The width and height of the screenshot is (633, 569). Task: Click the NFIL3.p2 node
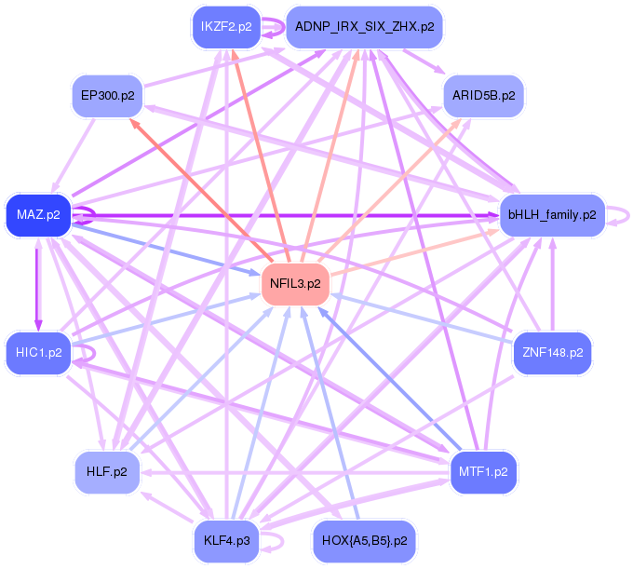click(296, 283)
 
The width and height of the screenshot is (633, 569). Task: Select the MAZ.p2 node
click(38, 215)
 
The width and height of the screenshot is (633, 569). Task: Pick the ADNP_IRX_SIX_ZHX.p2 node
click(364, 27)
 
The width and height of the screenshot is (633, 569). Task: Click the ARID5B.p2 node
click(483, 96)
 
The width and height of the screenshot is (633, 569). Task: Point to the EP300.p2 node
click(107, 96)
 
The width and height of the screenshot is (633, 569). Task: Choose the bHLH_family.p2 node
click(552, 215)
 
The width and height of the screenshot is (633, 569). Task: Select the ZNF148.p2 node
click(553, 353)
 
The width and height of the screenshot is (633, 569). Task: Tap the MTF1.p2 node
click(483, 471)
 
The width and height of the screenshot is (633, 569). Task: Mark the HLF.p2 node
click(107, 471)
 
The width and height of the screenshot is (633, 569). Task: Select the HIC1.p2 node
click(38, 353)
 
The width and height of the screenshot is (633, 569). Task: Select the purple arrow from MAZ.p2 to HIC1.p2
click(38, 284)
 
